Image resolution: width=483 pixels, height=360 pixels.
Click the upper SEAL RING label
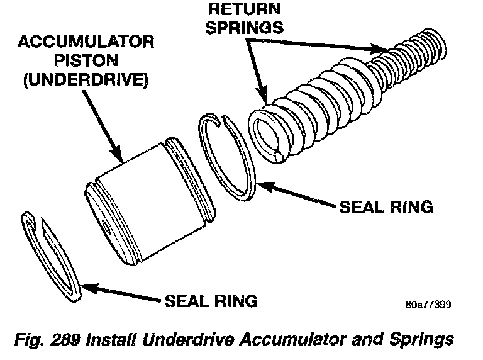click(386, 207)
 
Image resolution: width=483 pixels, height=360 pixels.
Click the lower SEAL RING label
click(211, 301)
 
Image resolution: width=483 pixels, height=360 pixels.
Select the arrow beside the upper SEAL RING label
click(296, 196)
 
